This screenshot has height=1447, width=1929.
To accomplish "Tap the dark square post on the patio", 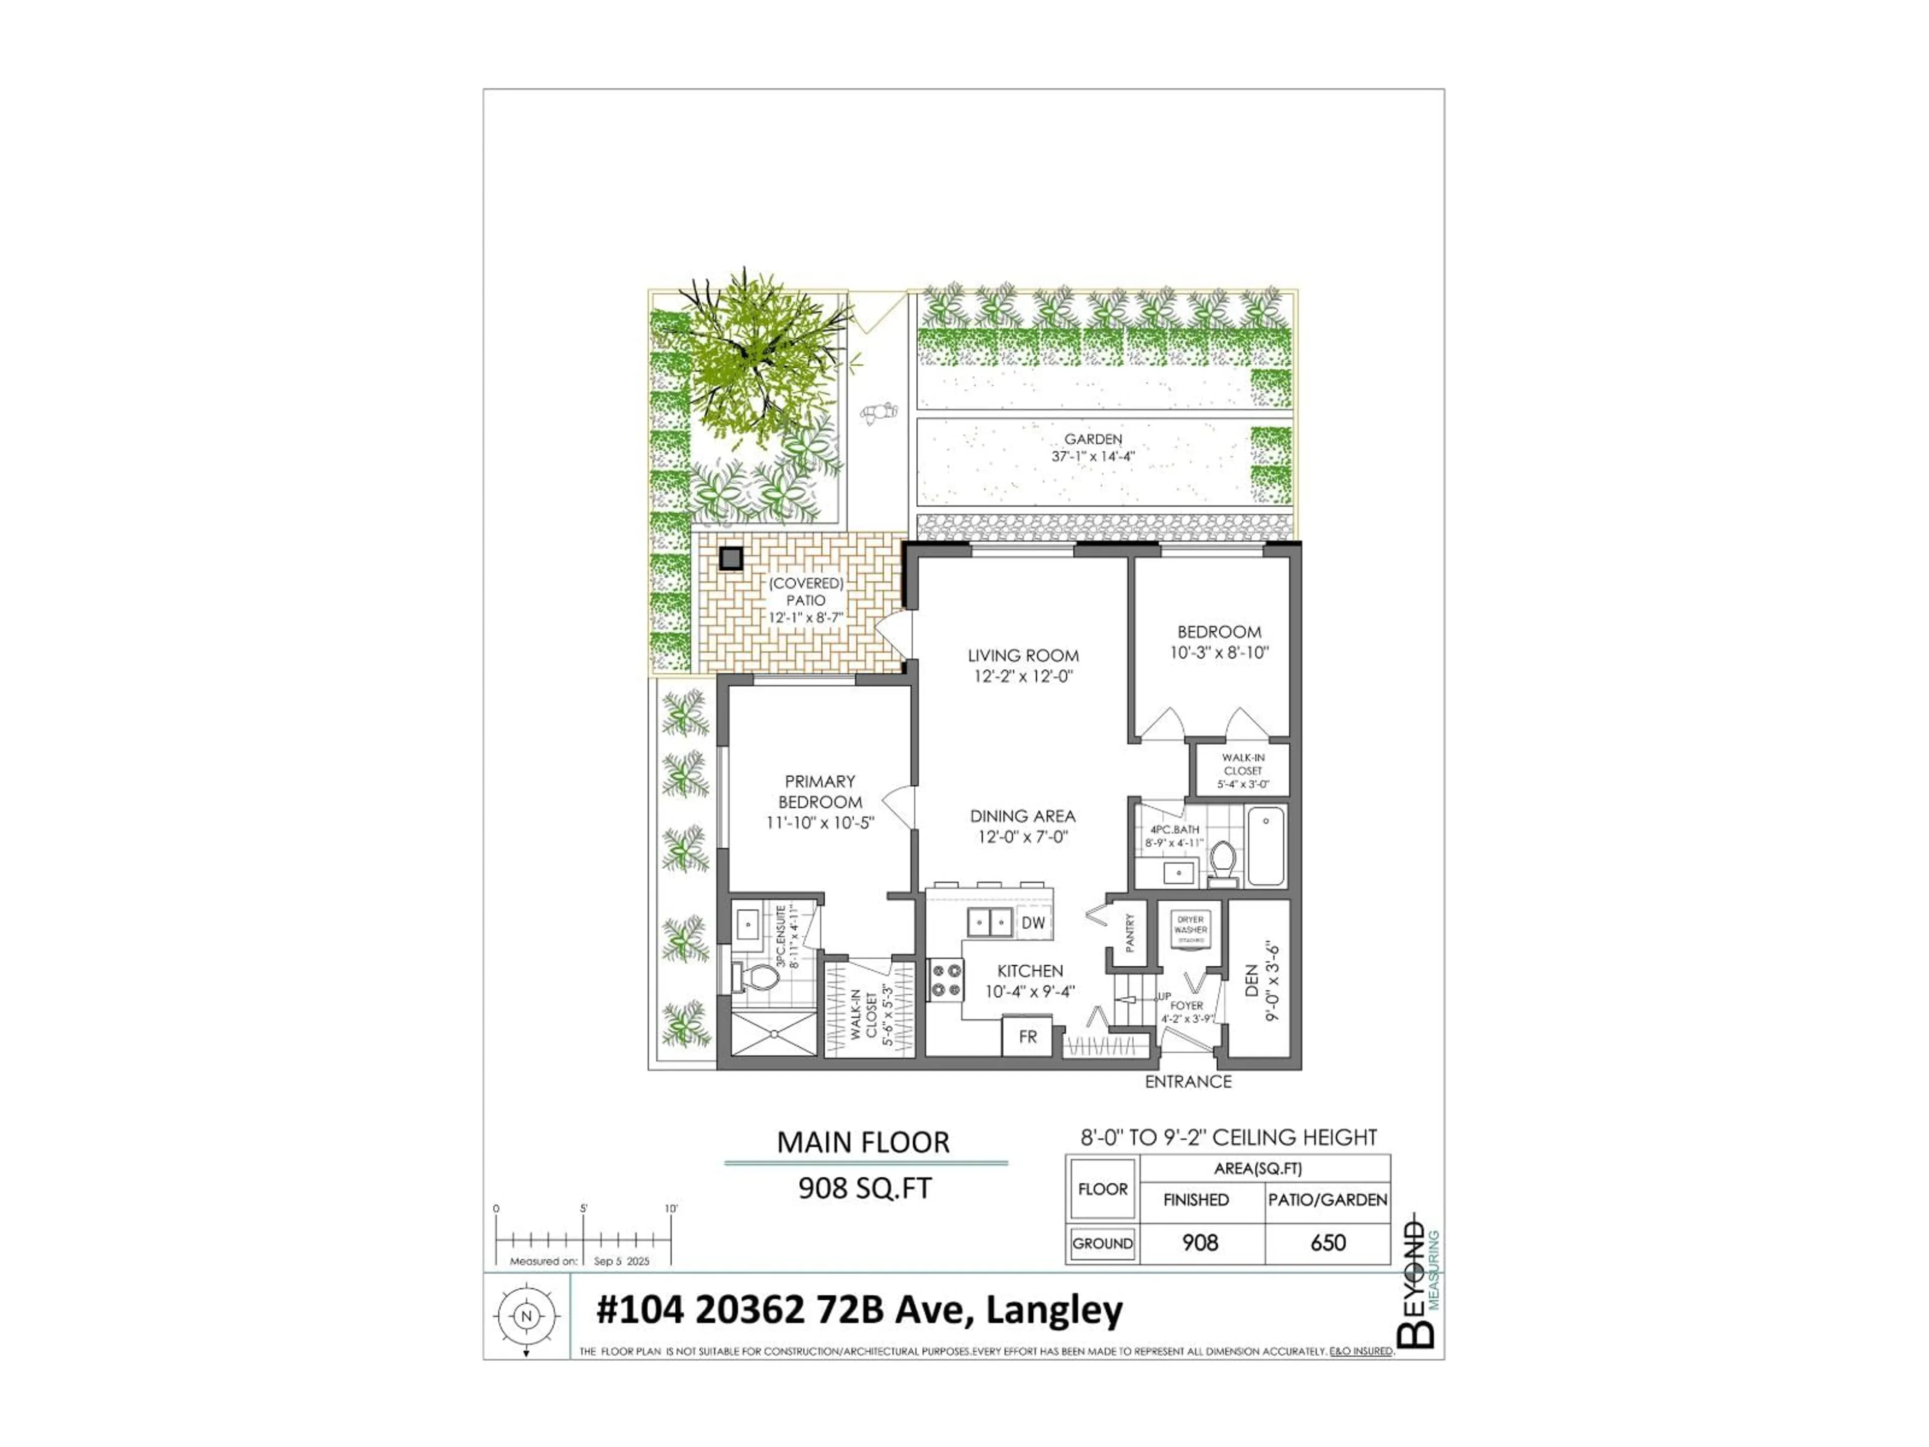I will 731,558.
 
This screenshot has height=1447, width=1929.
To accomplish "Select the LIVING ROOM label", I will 1023,655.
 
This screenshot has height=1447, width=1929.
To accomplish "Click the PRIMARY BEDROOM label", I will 820,791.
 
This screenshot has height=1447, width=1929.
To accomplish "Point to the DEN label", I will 1251,981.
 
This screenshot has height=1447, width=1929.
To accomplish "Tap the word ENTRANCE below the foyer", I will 1188,1082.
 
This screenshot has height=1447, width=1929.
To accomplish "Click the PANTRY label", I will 1129,933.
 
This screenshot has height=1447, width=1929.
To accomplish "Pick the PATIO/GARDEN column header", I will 1327,1199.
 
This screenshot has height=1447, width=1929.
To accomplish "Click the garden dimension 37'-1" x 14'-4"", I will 1093,456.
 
